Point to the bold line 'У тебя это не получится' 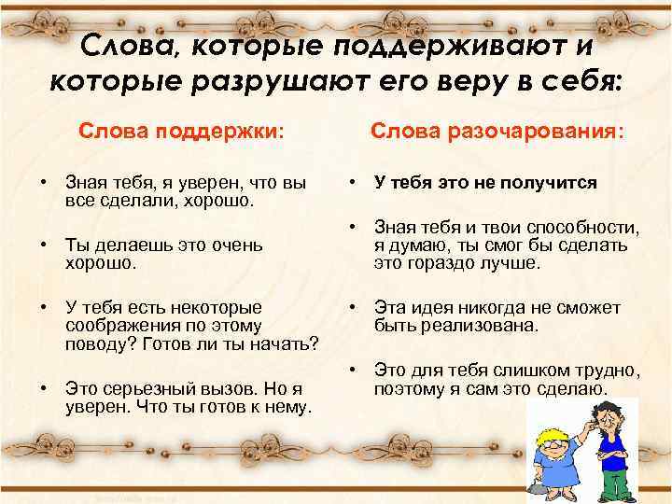pyautogui.click(x=485, y=182)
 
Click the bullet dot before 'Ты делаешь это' pyautogui.click(x=44, y=245)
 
